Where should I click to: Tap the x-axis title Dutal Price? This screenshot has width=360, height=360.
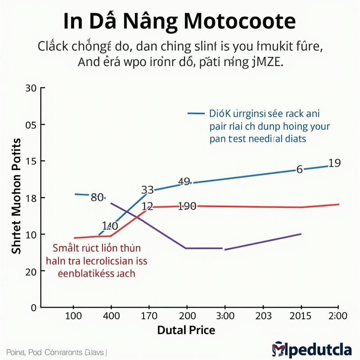click(186, 330)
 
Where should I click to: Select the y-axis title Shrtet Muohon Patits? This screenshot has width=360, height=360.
click(17, 196)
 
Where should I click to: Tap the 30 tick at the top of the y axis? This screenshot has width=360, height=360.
click(31, 88)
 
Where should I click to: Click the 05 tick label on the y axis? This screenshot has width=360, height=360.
click(31, 125)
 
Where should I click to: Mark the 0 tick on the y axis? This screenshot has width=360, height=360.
click(33, 308)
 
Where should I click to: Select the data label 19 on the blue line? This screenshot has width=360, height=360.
click(334, 163)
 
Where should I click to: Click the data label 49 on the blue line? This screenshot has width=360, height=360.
click(184, 181)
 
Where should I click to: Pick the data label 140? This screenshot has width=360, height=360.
click(110, 226)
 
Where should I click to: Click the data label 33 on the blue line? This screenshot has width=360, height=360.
click(147, 190)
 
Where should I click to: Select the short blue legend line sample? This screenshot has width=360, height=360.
click(196, 114)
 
